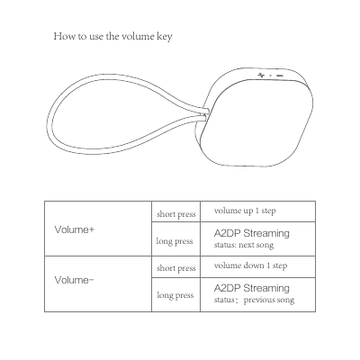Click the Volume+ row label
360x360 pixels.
75,229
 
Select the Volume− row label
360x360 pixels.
75,280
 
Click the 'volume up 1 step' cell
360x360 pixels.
245,211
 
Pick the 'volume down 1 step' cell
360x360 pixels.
250,265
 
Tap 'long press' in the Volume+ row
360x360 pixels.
175,241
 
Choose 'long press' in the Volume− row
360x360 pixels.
175,294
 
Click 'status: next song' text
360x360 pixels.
243,245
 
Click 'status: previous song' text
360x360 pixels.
254,300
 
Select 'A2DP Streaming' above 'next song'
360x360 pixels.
252,233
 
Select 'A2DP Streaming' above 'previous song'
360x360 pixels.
252,288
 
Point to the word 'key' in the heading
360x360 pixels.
165,38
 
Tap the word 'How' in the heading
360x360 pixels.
63,37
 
